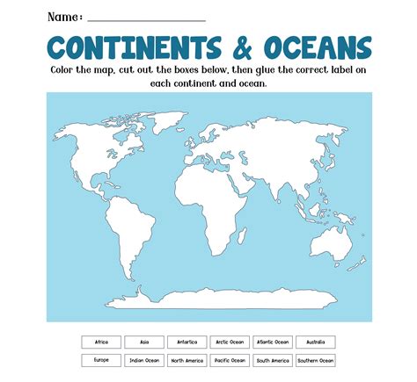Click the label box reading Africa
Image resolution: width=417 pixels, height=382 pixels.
(x=101, y=342)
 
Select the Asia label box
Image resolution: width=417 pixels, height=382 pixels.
(x=143, y=342)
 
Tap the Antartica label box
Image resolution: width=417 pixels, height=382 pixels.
(x=187, y=342)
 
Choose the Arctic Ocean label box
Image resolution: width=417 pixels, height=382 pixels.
(x=230, y=342)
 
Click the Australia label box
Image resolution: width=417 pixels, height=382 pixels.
(x=315, y=342)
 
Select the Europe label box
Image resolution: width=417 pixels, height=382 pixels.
(x=101, y=360)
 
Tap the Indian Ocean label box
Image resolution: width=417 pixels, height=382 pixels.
(x=143, y=360)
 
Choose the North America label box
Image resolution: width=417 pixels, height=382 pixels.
(x=187, y=360)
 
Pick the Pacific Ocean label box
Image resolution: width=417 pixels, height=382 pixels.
(x=230, y=360)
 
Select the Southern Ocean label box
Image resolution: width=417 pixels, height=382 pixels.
(x=315, y=360)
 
